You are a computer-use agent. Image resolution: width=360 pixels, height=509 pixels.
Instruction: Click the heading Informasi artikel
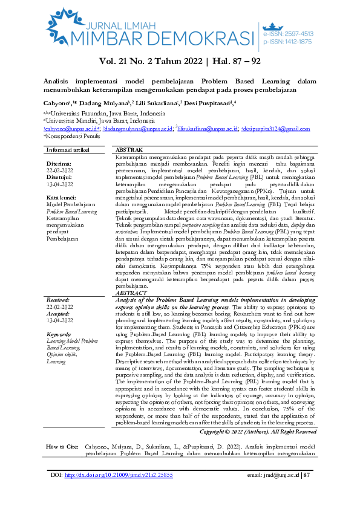coord(70,149)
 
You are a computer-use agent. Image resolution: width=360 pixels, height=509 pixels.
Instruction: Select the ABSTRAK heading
coord(129,149)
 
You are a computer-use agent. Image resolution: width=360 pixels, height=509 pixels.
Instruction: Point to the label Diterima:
coord(59,163)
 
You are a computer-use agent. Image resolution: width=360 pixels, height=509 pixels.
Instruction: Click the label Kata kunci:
coord(62,198)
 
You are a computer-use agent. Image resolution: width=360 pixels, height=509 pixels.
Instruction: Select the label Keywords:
coord(61,334)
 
